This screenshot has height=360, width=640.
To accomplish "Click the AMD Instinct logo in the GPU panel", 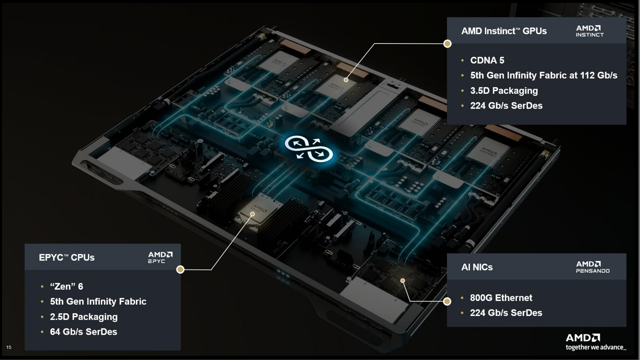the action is click(590, 31).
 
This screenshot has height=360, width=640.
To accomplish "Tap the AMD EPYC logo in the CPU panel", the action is click(160, 257).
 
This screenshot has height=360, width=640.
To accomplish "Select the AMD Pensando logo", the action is click(592, 267).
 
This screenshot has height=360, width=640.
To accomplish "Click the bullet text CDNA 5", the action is click(487, 60).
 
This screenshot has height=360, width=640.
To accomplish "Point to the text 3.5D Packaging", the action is click(504, 90).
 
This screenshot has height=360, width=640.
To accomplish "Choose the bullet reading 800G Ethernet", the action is click(501, 298).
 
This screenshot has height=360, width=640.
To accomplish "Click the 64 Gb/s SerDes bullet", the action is click(83, 332).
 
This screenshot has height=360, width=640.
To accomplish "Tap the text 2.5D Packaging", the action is click(84, 317).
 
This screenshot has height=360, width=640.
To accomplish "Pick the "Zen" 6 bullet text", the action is click(66, 286).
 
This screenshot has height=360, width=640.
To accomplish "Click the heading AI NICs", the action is click(477, 267).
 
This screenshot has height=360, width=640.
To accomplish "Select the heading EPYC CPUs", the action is click(67, 257).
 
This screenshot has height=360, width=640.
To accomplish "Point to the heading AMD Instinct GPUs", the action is click(504, 31).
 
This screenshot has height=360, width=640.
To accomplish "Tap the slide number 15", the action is click(9, 347).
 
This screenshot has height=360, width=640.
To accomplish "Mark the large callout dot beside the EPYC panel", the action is click(180, 270).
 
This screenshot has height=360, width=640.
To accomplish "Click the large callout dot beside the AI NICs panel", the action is click(447, 301).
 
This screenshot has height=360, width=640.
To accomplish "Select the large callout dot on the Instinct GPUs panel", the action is click(448, 44).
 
